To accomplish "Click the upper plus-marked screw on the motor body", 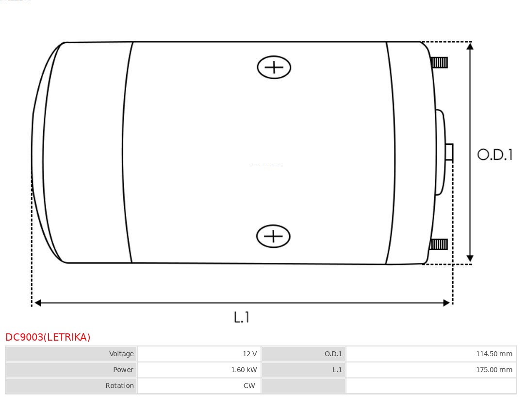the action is [x=274, y=67].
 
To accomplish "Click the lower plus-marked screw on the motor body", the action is [x=273, y=236].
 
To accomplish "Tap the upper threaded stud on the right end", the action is [x=439, y=63].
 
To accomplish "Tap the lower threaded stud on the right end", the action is [x=438, y=244].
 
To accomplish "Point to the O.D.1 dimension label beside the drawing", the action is [x=495, y=155].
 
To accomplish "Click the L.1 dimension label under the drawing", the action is [x=241, y=317].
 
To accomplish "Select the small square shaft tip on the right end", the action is [x=449, y=152].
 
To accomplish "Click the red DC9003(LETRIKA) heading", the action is [x=48, y=337].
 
